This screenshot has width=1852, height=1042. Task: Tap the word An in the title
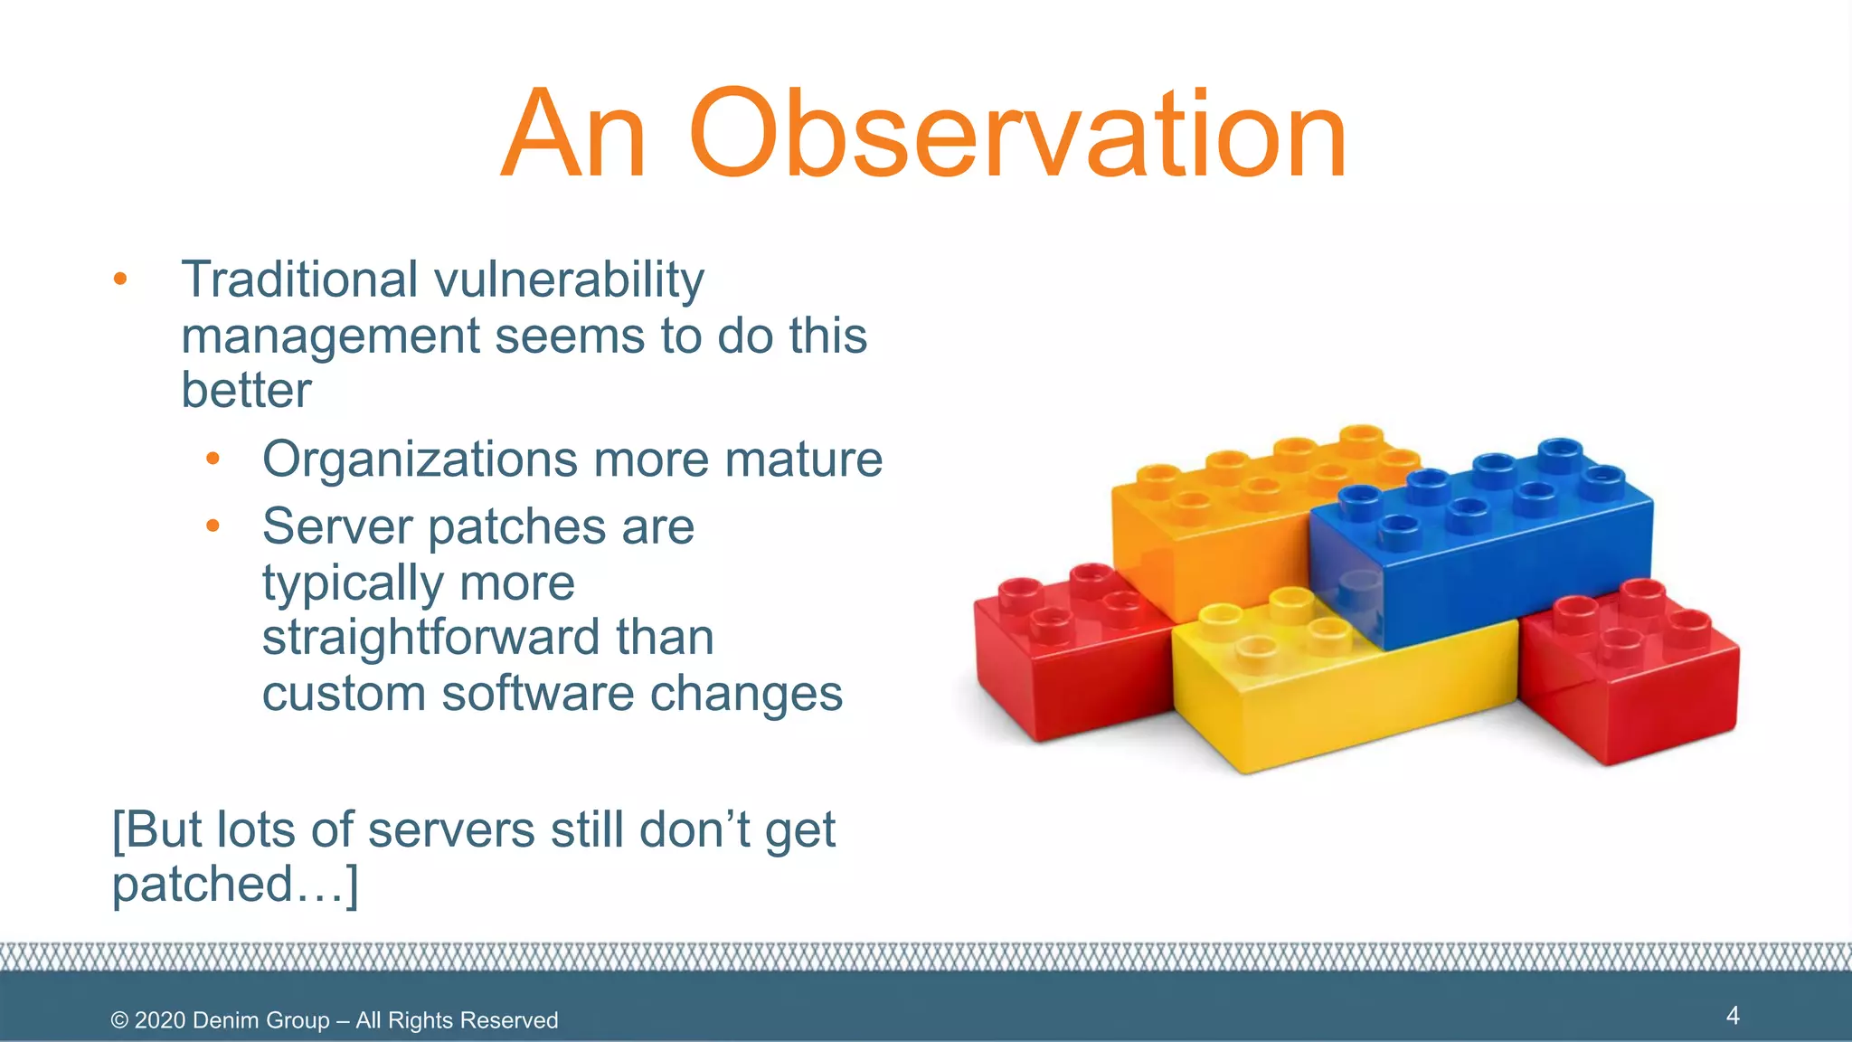[574, 136]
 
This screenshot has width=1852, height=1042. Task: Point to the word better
[246, 391]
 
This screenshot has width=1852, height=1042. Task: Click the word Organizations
[420, 460]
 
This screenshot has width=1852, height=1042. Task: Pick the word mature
[803, 460]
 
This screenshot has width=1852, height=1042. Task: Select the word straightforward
[430, 638]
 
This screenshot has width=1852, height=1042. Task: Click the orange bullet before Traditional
[120, 279]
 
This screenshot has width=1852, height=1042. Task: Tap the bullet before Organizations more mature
[213, 459]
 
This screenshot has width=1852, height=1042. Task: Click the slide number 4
[1733, 1015]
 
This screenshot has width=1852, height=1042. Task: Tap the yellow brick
[1338, 687]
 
